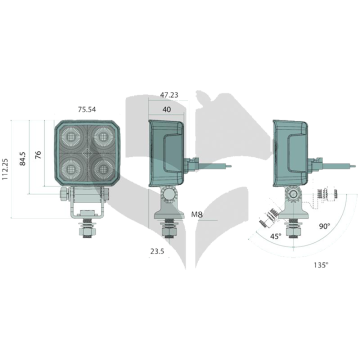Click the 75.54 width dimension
(x=87, y=109)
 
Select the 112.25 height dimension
(x=6, y=169)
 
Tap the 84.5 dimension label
(x=24, y=157)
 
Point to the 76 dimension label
(x=38, y=154)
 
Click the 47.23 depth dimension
(x=169, y=95)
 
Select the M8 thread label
(x=197, y=215)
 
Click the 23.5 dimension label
(x=157, y=251)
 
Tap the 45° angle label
(x=276, y=236)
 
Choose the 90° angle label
(x=324, y=226)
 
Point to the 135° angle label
(x=321, y=265)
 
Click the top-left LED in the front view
(x=71, y=136)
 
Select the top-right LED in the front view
(x=103, y=136)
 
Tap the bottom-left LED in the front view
(x=71, y=169)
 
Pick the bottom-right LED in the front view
(x=103, y=169)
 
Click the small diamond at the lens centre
(x=87, y=153)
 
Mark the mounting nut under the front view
(x=87, y=230)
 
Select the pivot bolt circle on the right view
(x=294, y=195)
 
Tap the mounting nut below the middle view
(x=169, y=230)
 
